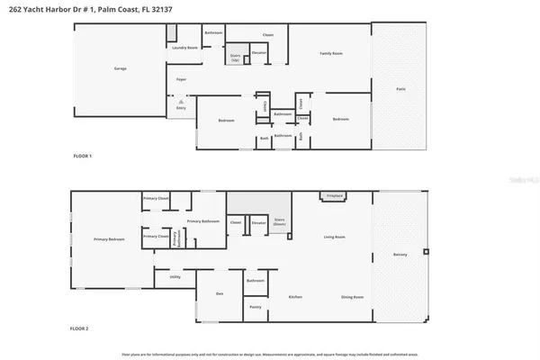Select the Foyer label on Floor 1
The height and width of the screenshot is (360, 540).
coord(180,80)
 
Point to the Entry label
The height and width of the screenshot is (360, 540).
coord(180,107)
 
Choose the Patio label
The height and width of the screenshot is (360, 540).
coord(400,88)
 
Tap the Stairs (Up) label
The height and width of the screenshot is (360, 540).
coord(236,58)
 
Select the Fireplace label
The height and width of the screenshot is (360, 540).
coord(332,195)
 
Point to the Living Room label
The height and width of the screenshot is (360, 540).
coord(336,238)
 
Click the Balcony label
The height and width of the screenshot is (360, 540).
coord(400,256)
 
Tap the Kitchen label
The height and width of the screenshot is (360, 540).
coord(294,296)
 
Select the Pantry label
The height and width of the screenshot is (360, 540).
coord(256,308)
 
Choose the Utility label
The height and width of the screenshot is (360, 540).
coord(175,277)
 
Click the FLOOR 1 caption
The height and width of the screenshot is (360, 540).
coord(83,156)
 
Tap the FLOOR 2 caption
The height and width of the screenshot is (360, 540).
coord(83,329)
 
